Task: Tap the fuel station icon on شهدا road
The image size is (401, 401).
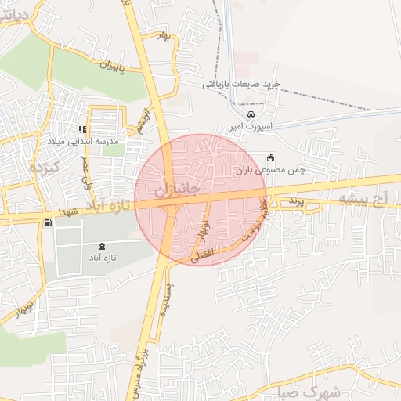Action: point(49,223)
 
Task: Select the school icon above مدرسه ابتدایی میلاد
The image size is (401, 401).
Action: point(81,129)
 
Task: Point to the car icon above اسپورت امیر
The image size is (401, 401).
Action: point(251,114)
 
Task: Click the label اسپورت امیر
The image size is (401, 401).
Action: point(250,126)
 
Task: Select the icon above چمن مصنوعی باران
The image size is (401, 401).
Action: point(271,157)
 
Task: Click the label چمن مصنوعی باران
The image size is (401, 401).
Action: point(270,169)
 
